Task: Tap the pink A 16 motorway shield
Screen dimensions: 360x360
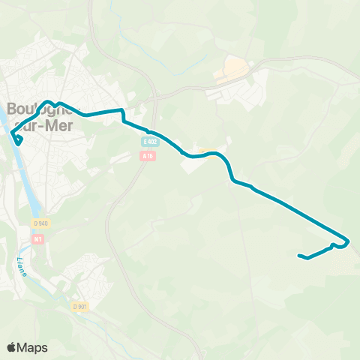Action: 147,156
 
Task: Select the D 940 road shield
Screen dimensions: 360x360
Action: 40,223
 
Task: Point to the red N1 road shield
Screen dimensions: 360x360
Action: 39,238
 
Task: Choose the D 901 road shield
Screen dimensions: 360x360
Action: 79,306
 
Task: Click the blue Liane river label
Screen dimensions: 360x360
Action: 21,267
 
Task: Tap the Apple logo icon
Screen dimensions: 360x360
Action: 11,347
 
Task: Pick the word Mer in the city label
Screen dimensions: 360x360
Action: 59,126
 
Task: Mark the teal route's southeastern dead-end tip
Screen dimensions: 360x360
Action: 300,256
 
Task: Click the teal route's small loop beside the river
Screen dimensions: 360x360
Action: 18,139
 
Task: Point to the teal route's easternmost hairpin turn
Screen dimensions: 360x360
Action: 347,241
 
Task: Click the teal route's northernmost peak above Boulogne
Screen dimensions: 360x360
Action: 49,101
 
